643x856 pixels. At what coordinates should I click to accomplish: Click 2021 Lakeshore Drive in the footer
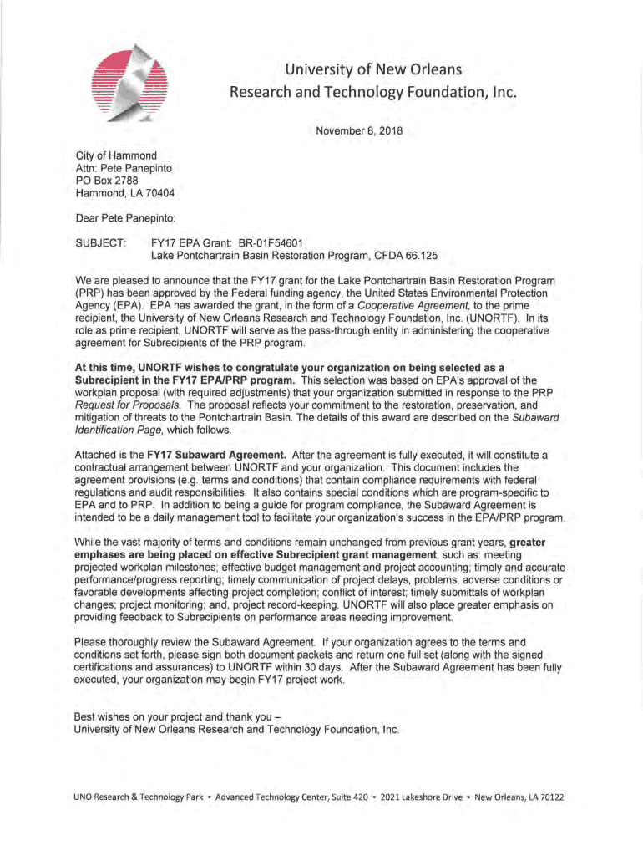pyautogui.click(x=421, y=797)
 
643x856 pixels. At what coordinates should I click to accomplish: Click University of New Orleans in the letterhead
pyautogui.click(x=373, y=68)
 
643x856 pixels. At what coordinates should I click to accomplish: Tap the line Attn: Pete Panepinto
pyautogui.click(x=124, y=167)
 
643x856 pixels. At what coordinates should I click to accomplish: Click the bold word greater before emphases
pyautogui.click(x=527, y=543)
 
